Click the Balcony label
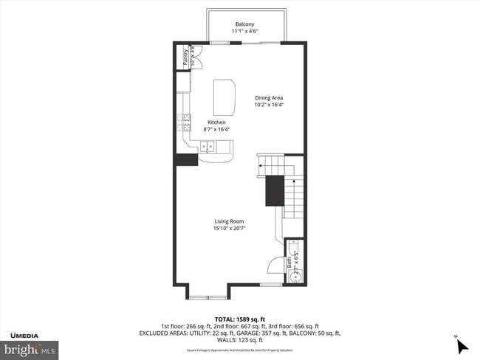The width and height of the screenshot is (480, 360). (x=244, y=24)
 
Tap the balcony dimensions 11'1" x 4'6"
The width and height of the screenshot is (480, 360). (x=244, y=32)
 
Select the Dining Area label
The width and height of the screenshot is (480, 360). (x=269, y=97)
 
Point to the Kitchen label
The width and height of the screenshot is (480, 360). (x=216, y=122)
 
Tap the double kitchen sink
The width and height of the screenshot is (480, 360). (x=208, y=146)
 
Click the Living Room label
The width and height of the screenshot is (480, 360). (x=229, y=221)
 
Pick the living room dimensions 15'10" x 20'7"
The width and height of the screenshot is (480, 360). (x=229, y=229)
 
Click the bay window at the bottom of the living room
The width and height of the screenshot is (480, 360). (x=208, y=297)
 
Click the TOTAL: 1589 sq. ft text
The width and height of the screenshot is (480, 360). (x=240, y=318)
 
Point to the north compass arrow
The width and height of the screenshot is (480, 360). (x=463, y=345)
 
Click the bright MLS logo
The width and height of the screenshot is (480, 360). (x=30, y=347)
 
